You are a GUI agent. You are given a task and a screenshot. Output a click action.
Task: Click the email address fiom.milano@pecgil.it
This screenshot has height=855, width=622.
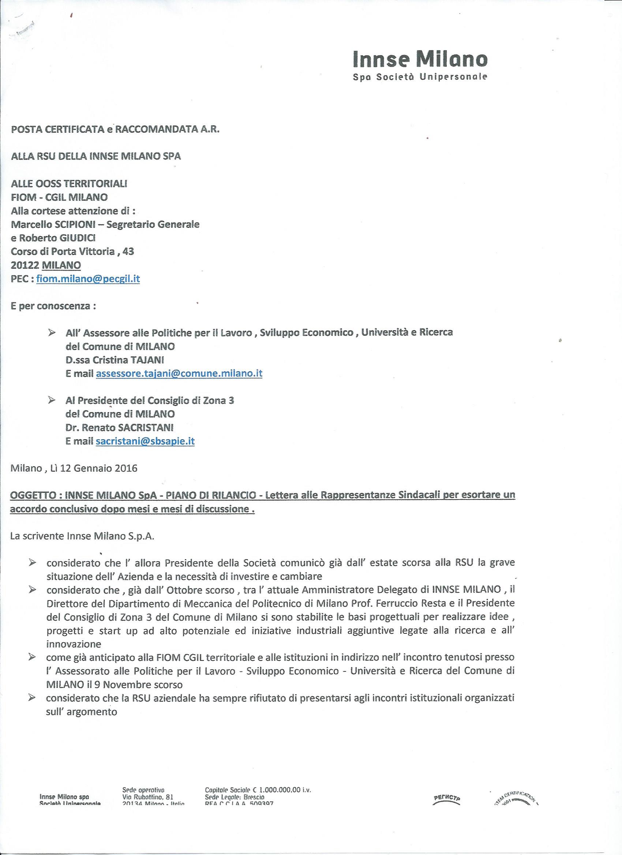coord(88,279)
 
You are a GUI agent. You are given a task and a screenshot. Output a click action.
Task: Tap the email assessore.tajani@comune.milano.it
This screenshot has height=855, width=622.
coord(179,374)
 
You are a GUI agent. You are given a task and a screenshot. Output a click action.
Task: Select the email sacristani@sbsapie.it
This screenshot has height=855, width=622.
coord(145,441)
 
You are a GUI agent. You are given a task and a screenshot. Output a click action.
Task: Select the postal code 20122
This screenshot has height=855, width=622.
coord(25,265)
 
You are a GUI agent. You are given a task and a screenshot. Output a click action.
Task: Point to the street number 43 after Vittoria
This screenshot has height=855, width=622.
coord(128,252)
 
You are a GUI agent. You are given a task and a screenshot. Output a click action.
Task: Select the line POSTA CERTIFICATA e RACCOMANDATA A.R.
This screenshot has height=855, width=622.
coord(115,129)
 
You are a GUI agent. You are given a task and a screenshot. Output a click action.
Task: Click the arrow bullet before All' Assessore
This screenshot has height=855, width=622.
coord(52,333)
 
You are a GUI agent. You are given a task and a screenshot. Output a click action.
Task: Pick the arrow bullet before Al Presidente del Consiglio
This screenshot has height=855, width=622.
coord(52,400)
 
